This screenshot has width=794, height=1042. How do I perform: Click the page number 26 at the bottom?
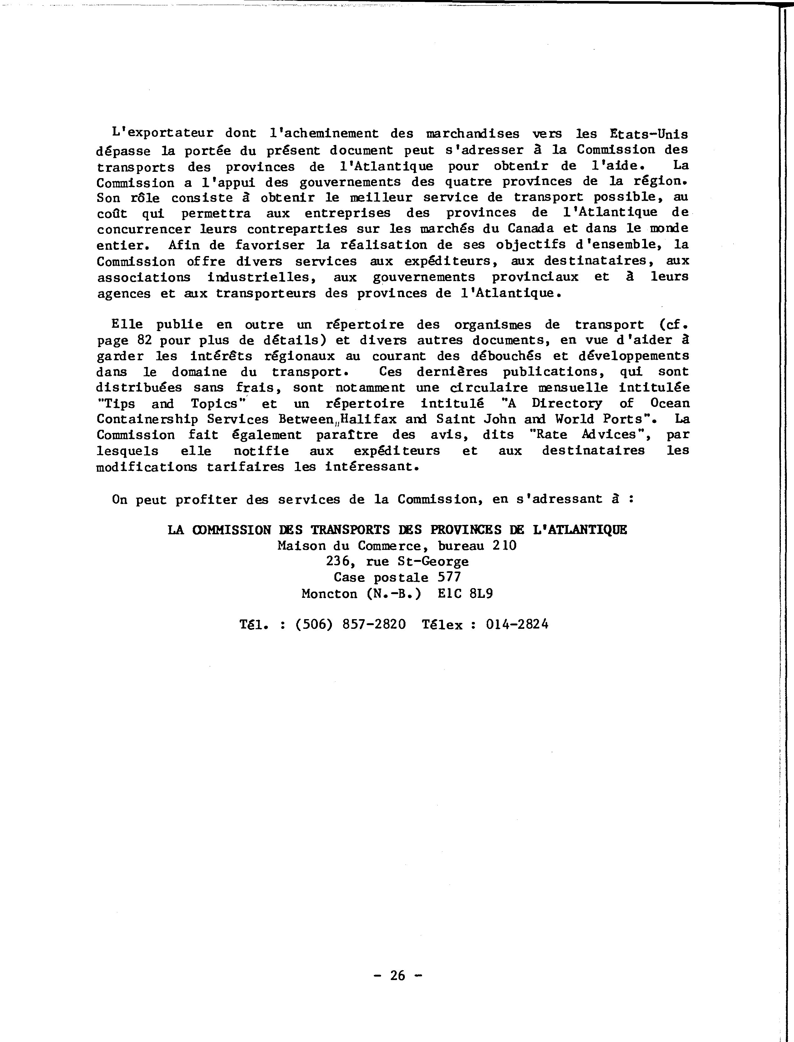[x=398, y=975]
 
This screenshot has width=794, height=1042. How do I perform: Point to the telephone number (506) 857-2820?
[x=350, y=624]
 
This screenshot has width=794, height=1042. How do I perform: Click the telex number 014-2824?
[x=517, y=624]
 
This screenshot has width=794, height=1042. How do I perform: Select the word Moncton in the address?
[x=329, y=593]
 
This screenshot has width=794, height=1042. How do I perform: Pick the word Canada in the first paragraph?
[x=531, y=229]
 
